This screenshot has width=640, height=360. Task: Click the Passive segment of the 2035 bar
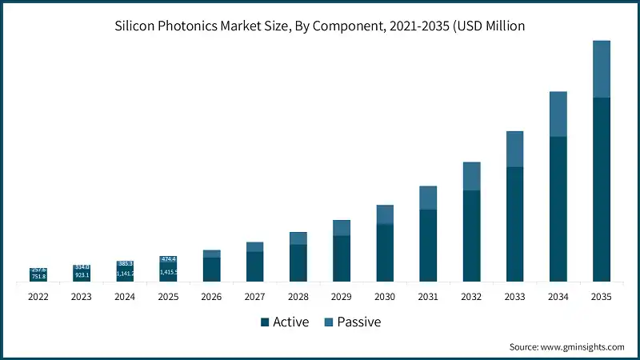[x=601, y=69]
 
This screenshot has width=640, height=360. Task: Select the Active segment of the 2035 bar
[x=601, y=190]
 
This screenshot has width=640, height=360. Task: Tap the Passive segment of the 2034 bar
[x=558, y=114]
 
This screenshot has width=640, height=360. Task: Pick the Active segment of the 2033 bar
[x=514, y=224]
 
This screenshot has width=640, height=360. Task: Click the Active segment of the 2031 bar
[x=428, y=246]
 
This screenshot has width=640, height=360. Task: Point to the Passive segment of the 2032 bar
[x=471, y=176]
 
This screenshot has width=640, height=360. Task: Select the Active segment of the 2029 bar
[x=342, y=258]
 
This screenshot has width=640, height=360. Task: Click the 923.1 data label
[x=82, y=275]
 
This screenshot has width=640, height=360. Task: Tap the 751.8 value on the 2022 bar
[x=38, y=277]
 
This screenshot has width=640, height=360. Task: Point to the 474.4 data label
[x=168, y=259]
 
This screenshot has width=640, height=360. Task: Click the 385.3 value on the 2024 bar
[x=125, y=263]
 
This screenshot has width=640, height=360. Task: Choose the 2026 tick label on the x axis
[x=211, y=296]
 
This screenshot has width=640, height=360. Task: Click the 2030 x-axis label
[x=385, y=296]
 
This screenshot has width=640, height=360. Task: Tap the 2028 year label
[x=298, y=296]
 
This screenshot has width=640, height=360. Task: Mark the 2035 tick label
[x=601, y=296]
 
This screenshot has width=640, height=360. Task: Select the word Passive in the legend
[x=358, y=322]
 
